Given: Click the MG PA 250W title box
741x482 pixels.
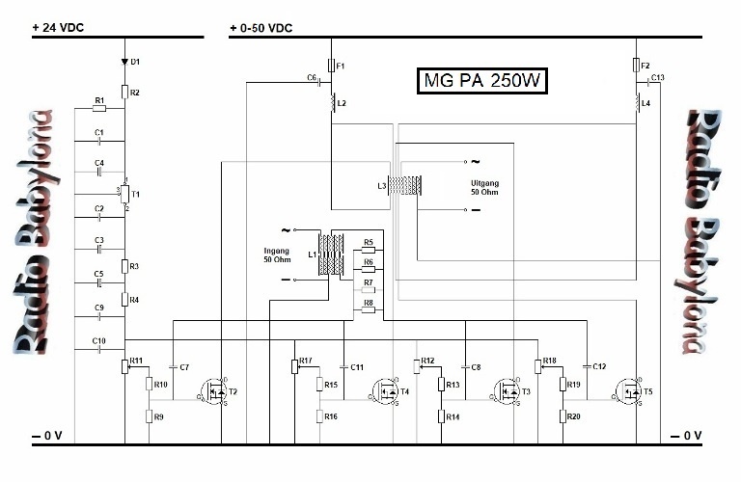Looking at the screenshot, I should tap(481, 81).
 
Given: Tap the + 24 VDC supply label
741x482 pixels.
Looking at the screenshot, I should tap(58, 28).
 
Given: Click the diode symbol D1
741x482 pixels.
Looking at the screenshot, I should tap(124, 62).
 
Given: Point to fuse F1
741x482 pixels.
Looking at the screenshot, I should tap(331, 67).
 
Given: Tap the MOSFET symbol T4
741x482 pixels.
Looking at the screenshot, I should tap(386, 391).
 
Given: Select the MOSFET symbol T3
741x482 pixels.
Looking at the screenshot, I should tap(508, 391).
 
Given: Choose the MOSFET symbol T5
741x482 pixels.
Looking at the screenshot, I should tap(629, 391).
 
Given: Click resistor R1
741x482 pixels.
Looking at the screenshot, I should tap(99, 108).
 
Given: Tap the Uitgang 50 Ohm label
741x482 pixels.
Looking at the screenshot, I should tap(486, 187).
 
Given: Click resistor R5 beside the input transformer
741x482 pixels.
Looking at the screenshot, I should tap(367, 251).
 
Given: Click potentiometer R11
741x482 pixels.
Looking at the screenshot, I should tap(125, 365).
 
